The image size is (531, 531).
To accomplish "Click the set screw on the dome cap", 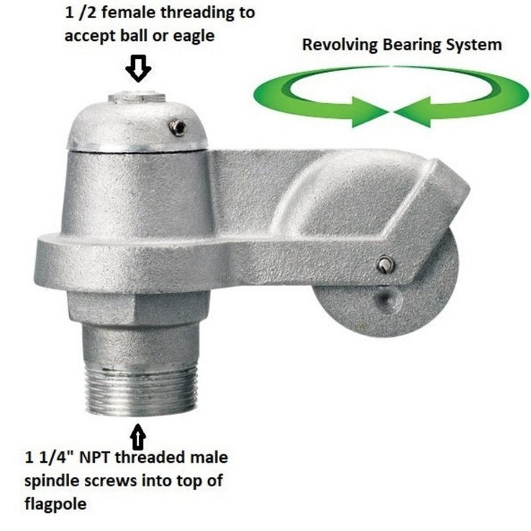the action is (178, 127).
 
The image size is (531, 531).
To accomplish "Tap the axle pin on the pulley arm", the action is (385, 264).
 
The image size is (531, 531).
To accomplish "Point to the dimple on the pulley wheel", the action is (385, 299).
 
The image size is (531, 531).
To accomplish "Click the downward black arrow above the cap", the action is (138, 68).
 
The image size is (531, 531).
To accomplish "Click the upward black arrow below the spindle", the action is (138, 437).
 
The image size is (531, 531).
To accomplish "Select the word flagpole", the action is (55, 504).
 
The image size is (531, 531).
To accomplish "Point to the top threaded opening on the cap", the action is (137, 98).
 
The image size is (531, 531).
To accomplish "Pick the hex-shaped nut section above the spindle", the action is (139, 309).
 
